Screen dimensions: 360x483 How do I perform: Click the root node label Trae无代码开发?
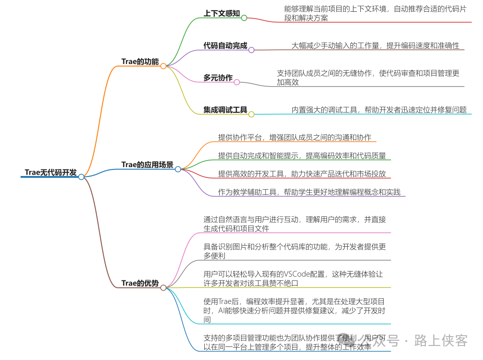click(x=51, y=172)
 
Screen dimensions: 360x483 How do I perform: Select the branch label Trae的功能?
click(x=140, y=62)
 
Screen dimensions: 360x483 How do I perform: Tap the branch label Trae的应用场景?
click(x=147, y=165)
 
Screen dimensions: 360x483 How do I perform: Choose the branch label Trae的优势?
click(x=140, y=283)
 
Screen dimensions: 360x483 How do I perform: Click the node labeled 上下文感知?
click(x=222, y=14)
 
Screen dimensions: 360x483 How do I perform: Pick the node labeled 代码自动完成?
click(x=225, y=46)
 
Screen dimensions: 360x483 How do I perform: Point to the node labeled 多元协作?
click(x=218, y=78)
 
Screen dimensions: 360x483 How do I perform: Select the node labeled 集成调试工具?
click(x=225, y=110)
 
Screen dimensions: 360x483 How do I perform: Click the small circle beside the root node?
click(x=82, y=177)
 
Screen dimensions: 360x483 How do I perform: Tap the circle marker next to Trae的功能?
click(x=163, y=66)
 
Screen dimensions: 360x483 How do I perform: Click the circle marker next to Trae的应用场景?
click(x=178, y=169)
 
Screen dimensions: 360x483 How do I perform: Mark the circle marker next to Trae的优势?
click(x=163, y=287)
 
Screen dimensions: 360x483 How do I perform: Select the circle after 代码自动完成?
click(x=251, y=50)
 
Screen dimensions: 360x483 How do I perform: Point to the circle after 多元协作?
click(x=237, y=82)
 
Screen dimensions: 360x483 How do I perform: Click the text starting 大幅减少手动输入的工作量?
click(x=375, y=46)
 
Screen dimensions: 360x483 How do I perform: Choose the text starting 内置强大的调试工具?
click(x=379, y=110)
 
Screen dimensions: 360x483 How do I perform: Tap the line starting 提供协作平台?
click(x=294, y=138)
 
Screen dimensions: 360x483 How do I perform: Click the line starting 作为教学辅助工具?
click(x=309, y=192)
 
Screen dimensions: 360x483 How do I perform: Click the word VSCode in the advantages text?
click(x=302, y=274)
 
